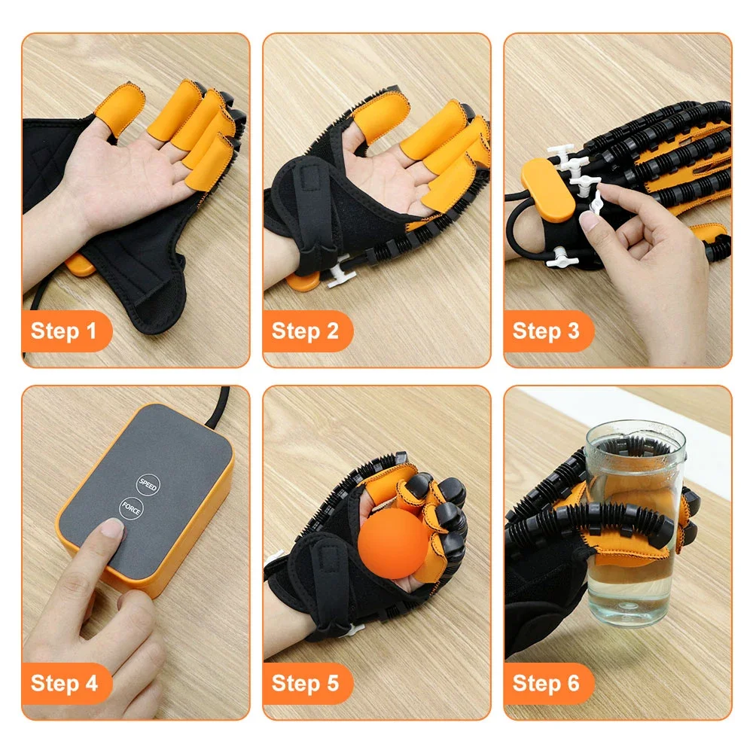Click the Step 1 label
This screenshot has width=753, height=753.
(65, 331)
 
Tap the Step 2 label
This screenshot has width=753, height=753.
(305, 331)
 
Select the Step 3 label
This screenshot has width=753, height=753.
(546, 331)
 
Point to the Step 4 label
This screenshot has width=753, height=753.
(65, 683)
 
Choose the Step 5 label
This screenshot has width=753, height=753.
(305, 683)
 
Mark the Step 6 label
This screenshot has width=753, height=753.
(546, 683)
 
